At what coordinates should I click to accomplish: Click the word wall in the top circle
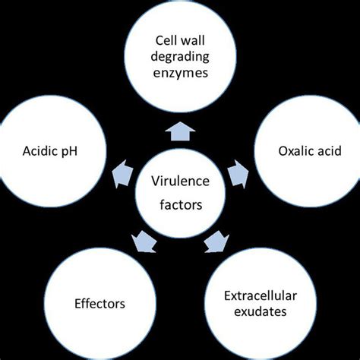(x=194, y=39)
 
